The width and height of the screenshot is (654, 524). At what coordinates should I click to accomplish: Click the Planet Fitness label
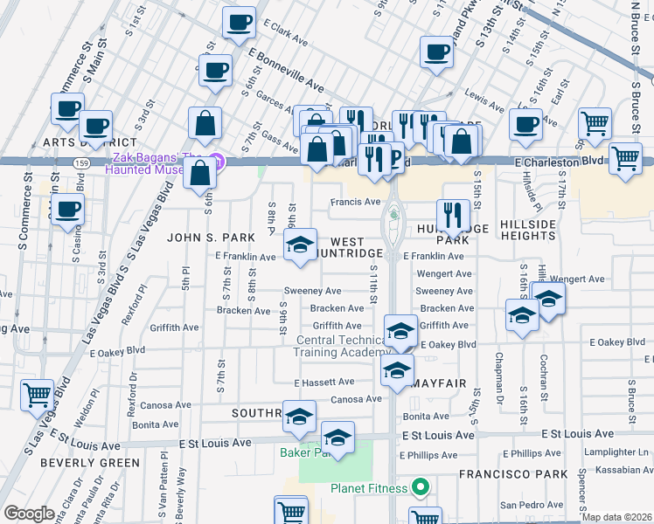pos(370,487)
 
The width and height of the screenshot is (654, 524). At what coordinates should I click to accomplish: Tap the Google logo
pos(29,513)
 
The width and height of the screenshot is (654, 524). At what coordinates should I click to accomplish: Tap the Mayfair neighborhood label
pos(442,383)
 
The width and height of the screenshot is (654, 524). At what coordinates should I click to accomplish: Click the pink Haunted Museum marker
pos(219,162)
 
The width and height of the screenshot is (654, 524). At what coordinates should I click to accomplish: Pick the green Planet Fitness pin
pos(421,487)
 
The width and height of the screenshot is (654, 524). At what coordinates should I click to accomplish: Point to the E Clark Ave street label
pos(285,34)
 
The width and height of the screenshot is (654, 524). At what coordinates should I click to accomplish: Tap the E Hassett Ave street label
pos(324,383)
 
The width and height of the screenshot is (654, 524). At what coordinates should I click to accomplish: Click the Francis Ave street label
pos(355,202)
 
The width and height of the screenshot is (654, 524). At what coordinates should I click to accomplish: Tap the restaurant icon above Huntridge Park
pos(453,215)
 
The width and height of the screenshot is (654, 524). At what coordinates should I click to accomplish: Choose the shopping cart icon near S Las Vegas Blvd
pos(37,395)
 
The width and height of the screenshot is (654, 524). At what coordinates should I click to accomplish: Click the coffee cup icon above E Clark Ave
pos(238,23)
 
